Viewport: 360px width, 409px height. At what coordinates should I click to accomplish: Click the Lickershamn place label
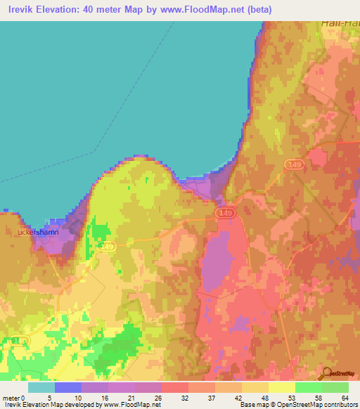[37, 231]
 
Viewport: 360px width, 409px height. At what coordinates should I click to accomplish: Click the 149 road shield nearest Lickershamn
[107, 246]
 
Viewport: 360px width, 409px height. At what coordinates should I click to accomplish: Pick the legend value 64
[345, 398]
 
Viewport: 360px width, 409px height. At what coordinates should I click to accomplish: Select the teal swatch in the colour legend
[41, 387]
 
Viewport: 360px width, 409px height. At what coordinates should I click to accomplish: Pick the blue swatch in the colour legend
[67, 387]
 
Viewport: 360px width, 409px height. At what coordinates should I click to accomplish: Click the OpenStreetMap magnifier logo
[327, 372]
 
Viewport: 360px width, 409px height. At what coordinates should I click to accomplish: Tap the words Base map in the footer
[252, 405]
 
